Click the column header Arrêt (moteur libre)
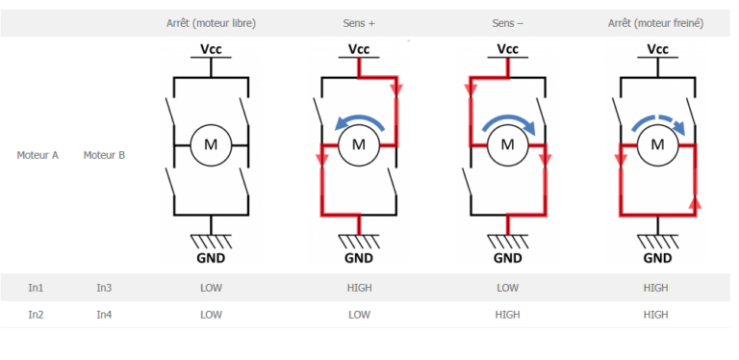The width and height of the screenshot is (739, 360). click(211, 22)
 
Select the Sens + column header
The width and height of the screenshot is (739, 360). click(358, 22)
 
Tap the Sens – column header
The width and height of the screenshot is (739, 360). click(507, 22)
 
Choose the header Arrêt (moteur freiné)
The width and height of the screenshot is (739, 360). click(656, 22)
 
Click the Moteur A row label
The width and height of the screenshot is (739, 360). click(38, 154)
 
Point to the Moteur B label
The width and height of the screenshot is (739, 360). click(104, 154)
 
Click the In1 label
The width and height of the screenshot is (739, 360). click(36, 287)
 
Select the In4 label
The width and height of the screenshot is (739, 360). click(104, 314)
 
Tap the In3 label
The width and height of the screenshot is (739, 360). click(104, 287)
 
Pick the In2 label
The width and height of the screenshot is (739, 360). click(36, 314)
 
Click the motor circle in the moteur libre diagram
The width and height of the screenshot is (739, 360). click(211, 145)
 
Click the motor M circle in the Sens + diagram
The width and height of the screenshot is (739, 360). click(358, 145)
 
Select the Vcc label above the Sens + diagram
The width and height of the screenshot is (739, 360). click(358, 49)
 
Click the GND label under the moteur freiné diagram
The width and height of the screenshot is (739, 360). click(657, 257)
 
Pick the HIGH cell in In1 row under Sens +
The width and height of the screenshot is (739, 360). click(358, 287)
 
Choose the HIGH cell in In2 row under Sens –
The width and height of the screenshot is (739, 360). click(507, 314)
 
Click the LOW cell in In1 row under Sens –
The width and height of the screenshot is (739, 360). click(507, 287)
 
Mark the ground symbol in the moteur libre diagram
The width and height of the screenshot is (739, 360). click(211, 240)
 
